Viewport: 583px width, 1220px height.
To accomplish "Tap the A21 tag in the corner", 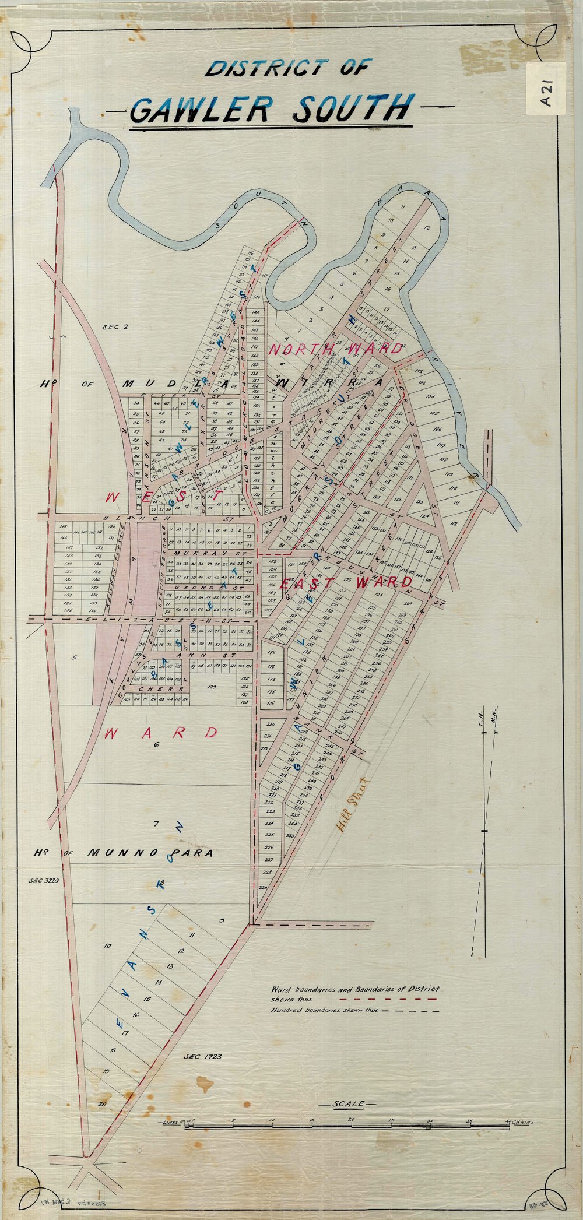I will (546, 92).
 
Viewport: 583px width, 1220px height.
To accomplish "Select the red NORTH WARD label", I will (335, 349).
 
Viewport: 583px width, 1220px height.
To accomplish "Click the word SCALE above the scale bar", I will (348, 1104).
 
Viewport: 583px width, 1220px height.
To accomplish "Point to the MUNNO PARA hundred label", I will (150, 853).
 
